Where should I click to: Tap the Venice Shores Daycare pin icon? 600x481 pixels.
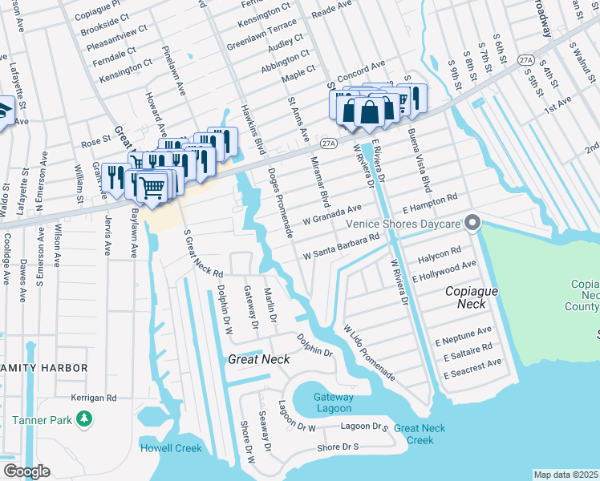click(473, 222)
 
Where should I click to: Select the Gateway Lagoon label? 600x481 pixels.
click(333, 402)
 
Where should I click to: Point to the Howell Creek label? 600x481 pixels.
click(172, 447)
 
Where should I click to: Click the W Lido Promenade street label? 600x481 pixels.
click(368, 353)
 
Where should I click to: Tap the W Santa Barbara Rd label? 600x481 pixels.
click(340, 247)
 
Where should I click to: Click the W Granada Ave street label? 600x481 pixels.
click(332, 213)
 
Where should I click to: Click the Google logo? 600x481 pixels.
click(26, 471)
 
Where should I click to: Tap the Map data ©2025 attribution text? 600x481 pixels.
click(566, 475)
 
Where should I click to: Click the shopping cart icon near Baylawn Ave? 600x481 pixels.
click(152, 187)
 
